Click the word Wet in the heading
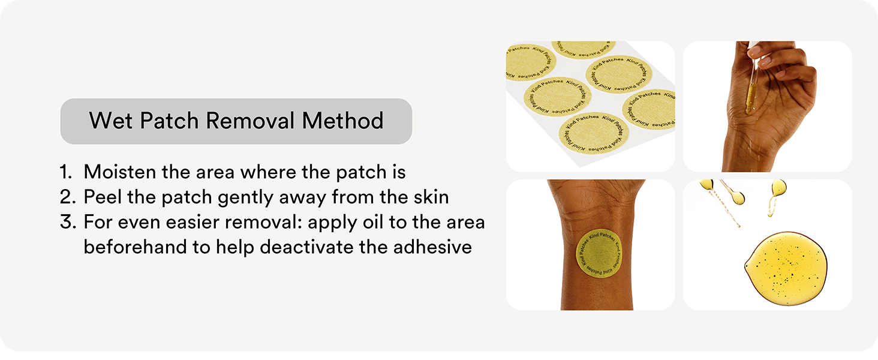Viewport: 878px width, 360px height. click(111, 121)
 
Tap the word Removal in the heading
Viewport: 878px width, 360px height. click(250, 121)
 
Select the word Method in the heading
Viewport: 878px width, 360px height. click(342, 121)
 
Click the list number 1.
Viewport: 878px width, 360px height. click(66, 172)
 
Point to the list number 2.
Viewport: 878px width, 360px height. click(68, 197)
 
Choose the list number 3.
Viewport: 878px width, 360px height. click(68, 222)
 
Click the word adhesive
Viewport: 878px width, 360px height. click(432, 247)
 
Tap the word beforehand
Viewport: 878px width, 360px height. click(135, 247)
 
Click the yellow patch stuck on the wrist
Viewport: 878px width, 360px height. click(599, 253)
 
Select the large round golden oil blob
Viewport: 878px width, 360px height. click(786, 268)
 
